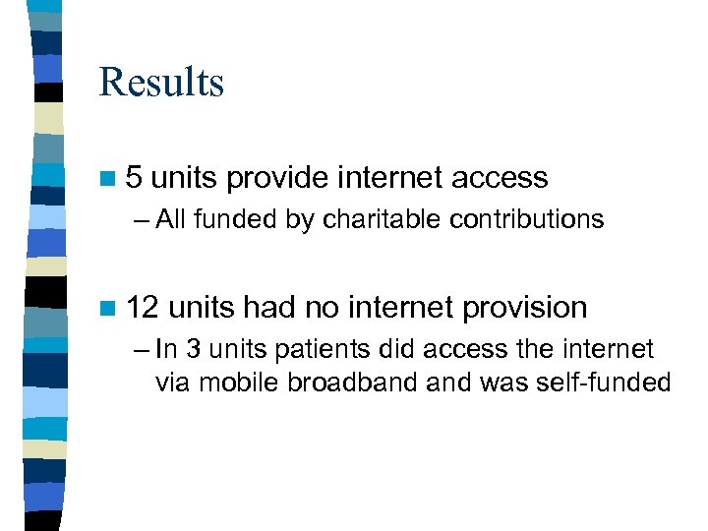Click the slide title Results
[161, 83]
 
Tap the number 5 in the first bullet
[135, 178]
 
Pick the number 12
[143, 308]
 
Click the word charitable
[380, 220]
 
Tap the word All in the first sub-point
[171, 220]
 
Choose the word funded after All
[231, 220]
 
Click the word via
[172, 382]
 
